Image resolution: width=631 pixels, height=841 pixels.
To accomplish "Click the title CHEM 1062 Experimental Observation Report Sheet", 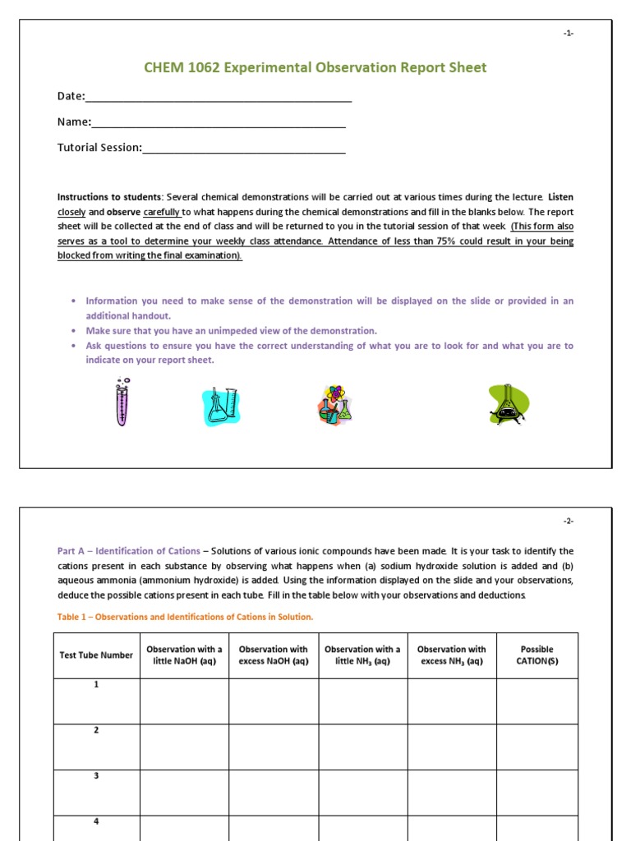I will pyautogui.click(x=315, y=67).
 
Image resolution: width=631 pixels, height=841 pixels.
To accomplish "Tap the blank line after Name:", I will pyautogui.click(x=218, y=124).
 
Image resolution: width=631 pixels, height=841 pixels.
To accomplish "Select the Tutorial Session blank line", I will pyautogui.click(x=243, y=149).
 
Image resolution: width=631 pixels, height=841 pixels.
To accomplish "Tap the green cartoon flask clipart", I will pyautogui.click(x=508, y=404).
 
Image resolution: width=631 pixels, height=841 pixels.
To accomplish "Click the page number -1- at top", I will pyautogui.click(x=569, y=33).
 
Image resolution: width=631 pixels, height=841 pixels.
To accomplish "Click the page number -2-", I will pyautogui.click(x=569, y=522).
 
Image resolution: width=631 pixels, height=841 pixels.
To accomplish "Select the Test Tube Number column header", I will pyautogui.click(x=96, y=655).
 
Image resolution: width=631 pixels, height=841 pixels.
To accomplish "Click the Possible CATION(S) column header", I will pyautogui.click(x=537, y=655).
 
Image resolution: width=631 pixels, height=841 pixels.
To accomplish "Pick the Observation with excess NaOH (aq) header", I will pyautogui.click(x=274, y=655).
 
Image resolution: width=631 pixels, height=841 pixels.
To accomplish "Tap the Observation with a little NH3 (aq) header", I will pyautogui.click(x=362, y=655).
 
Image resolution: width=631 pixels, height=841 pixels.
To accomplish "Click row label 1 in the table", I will pyautogui.click(x=96, y=685).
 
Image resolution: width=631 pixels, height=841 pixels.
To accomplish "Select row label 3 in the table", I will pyautogui.click(x=96, y=776).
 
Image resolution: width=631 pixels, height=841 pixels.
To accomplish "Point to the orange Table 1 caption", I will pyautogui.click(x=185, y=617).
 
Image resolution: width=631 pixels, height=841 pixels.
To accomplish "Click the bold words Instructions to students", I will pyautogui.click(x=109, y=197).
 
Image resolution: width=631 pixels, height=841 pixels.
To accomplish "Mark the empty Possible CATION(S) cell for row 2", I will pyautogui.click(x=537, y=747).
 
